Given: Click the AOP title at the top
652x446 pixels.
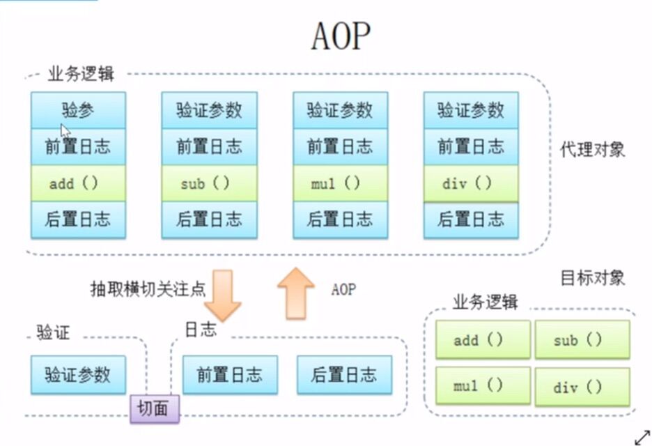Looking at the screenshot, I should click(340, 36).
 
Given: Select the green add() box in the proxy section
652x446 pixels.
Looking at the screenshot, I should click(78, 183).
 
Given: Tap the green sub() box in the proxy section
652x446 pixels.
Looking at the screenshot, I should click(209, 183).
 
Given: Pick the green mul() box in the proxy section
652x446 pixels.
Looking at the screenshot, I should click(340, 183).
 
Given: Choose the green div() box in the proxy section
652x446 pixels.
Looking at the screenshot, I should click(471, 183).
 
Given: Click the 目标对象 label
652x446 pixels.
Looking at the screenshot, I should click(593, 278).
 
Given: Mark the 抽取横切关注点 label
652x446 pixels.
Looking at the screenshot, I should click(148, 289).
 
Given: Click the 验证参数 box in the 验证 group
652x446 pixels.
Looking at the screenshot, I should click(78, 374).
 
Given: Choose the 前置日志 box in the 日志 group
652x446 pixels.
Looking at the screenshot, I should click(230, 374).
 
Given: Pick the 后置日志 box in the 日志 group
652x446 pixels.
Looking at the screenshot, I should click(344, 374).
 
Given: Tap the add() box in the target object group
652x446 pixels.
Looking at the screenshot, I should click(483, 340).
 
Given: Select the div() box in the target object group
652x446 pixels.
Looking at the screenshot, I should click(582, 385).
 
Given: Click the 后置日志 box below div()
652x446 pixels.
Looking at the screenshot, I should click(471, 220).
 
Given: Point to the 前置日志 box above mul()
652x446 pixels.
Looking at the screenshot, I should click(340, 146).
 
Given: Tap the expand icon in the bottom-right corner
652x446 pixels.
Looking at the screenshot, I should click(642, 436).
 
